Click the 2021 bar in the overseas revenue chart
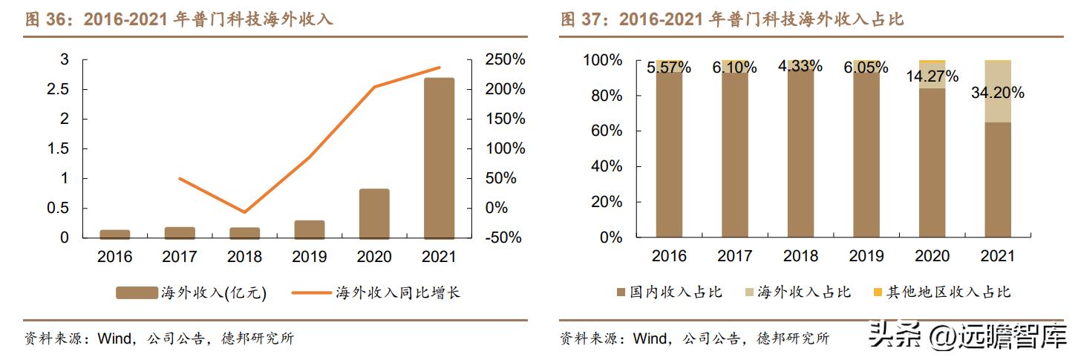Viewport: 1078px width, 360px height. coord(439,159)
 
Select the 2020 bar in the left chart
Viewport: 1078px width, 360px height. coord(374,215)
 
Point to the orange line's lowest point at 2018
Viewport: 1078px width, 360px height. coord(244,212)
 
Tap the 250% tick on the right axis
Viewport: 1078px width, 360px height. coord(504,59)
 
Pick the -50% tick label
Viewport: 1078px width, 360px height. coord(504,238)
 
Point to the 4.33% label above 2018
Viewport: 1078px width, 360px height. coord(800,66)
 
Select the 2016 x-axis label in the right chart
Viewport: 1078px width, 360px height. coord(669,256)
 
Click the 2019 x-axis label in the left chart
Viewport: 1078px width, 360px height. coord(309,256)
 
